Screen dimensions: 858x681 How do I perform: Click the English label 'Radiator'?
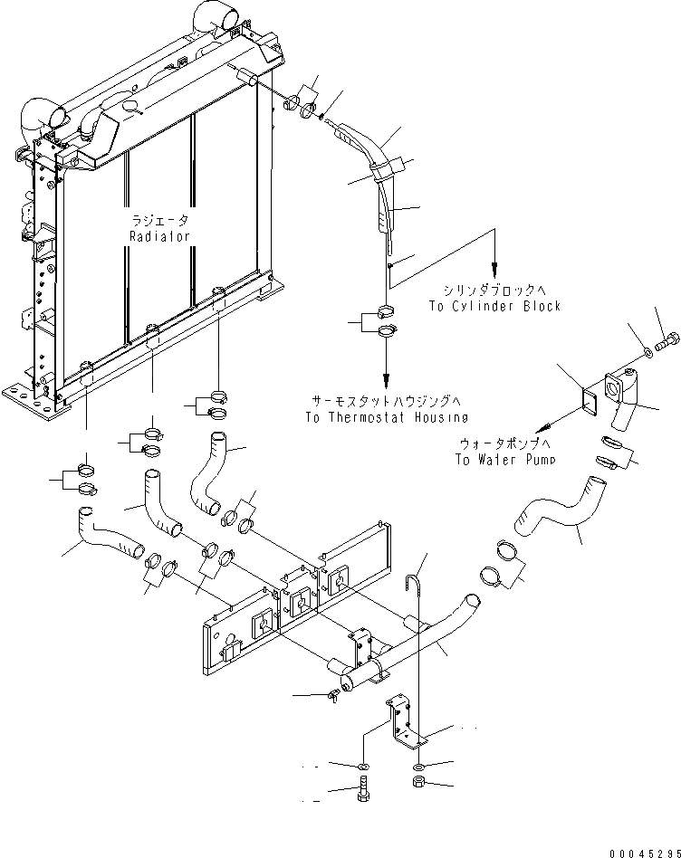click(159, 236)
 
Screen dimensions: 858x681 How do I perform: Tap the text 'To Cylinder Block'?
click(495, 306)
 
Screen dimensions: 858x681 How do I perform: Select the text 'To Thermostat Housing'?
click(386, 417)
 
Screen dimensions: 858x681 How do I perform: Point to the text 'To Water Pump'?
click(506, 459)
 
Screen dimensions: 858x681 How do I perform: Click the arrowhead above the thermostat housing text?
click(387, 377)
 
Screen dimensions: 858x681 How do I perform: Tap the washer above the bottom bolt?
click(362, 767)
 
